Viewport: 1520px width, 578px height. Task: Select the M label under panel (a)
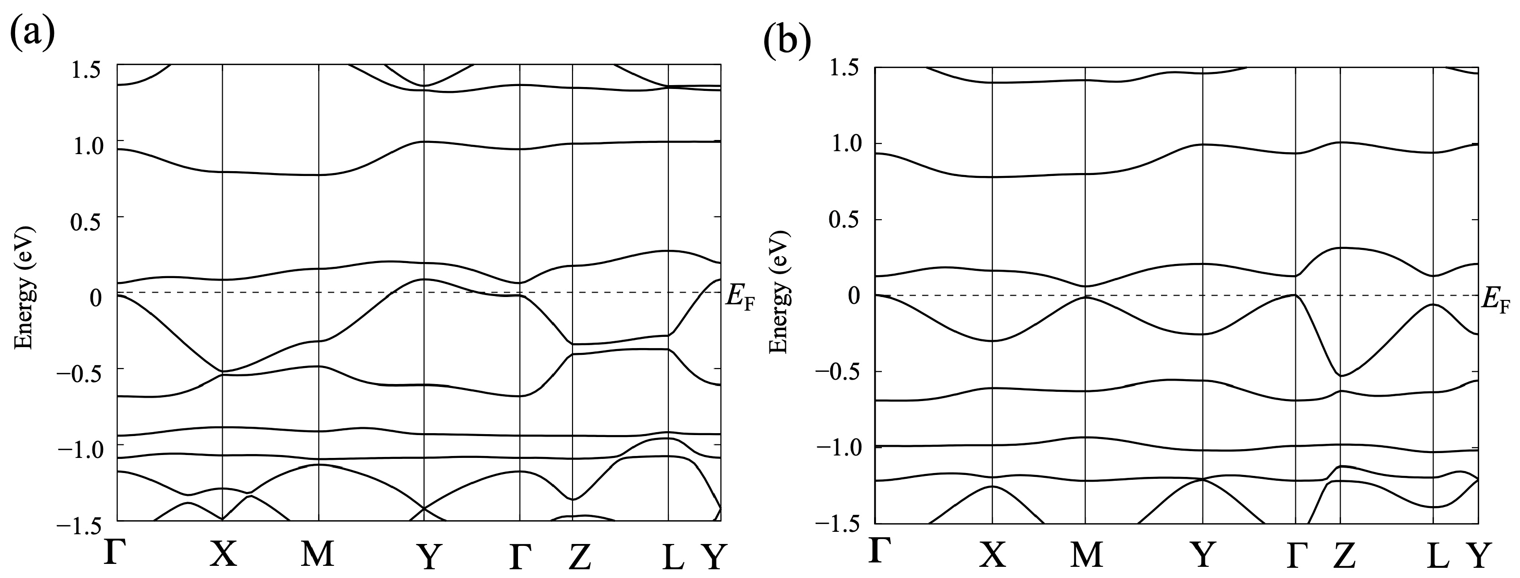pos(318,554)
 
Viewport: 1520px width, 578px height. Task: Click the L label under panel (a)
pos(672,558)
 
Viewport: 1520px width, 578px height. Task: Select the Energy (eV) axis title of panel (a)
pos(24,287)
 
